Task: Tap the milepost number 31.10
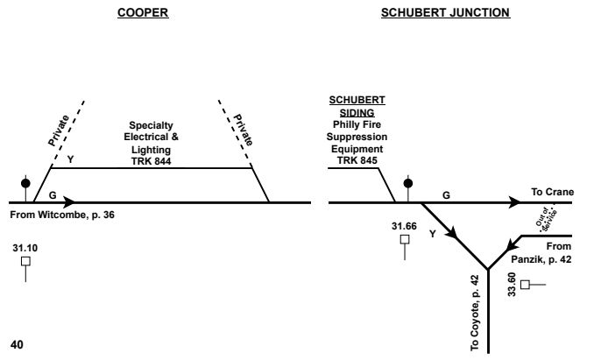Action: [26, 248]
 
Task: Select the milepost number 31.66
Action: [404, 226]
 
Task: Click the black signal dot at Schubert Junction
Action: [407, 184]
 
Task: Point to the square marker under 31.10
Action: [26, 261]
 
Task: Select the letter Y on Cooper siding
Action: [70, 159]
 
